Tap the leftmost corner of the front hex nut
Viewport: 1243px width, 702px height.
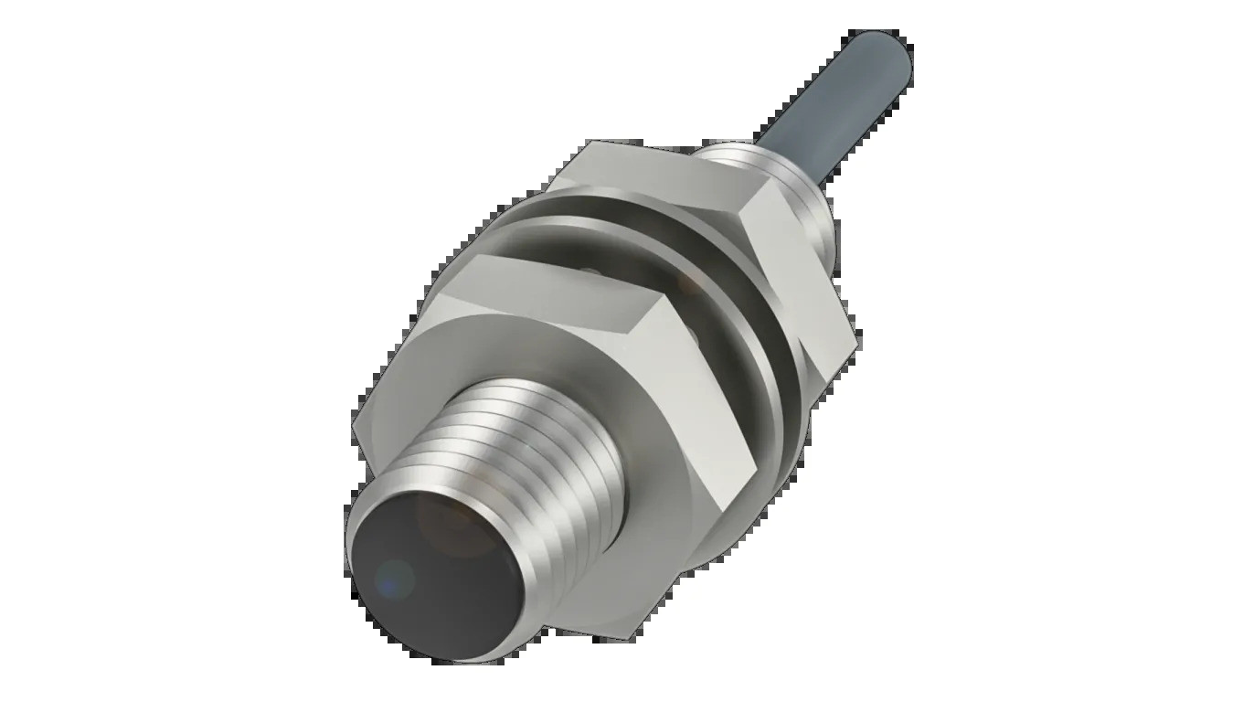click(x=353, y=425)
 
